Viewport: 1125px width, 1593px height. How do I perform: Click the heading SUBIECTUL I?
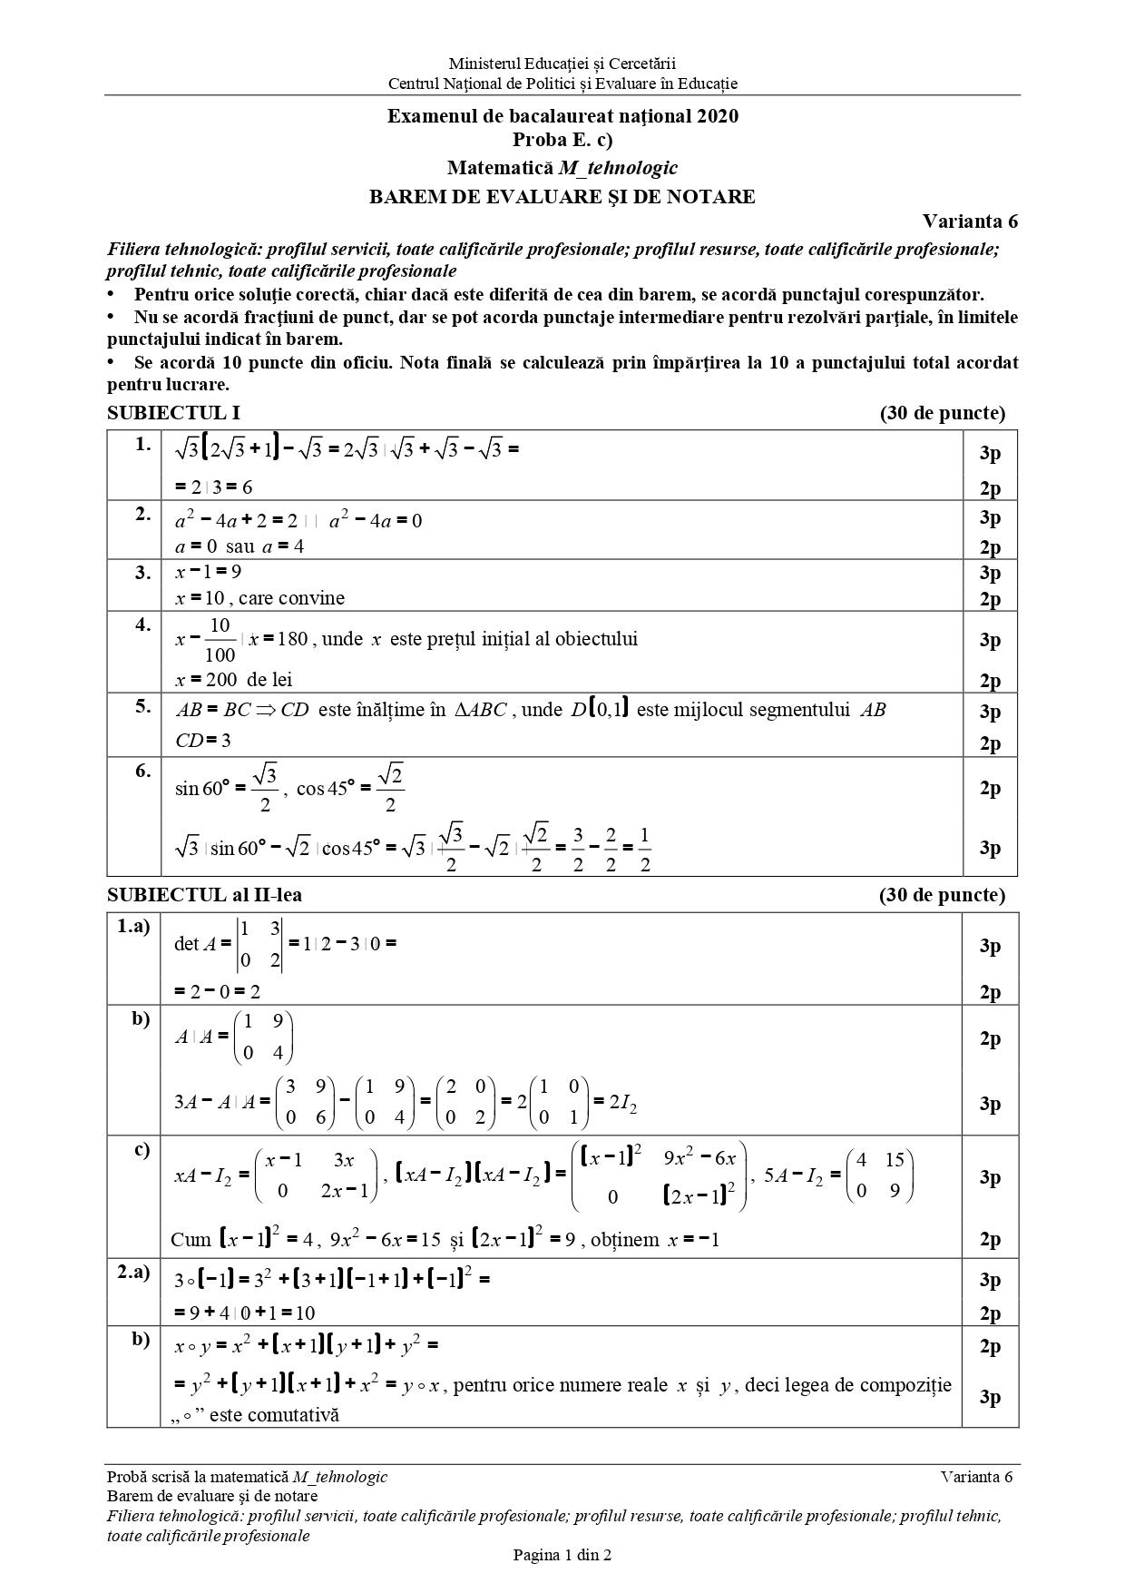(x=173, y=413)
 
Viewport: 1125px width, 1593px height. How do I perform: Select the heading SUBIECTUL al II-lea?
(x=204, y=895)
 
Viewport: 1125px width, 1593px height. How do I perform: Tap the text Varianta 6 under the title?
(x=970, y=221)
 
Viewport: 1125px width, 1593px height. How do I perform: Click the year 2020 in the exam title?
(x=718, y=116)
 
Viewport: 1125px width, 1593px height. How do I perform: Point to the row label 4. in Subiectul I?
(x=142, y=624)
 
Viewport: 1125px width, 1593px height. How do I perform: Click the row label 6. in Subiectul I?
(x=142, y=771)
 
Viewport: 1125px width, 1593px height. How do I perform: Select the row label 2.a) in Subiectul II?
(x=133, y=1272)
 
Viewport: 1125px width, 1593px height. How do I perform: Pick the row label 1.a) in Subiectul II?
(x=133, y=927)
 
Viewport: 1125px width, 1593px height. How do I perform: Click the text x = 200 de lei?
(x=233, y=680)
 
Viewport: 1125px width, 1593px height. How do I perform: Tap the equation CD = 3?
(x=203, y=741)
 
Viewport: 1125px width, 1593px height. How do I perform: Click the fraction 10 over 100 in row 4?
(x=220, y=640)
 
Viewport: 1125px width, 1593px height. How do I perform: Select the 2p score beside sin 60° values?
(x=990, y=788)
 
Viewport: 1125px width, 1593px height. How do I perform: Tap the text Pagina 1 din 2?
(x=562, y=1555)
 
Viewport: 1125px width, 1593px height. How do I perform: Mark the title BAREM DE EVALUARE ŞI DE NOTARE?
(x=562, y=197)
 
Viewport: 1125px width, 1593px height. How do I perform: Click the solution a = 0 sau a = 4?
(x=240, y=546)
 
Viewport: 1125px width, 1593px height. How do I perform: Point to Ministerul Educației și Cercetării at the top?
(x=562, y=64)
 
